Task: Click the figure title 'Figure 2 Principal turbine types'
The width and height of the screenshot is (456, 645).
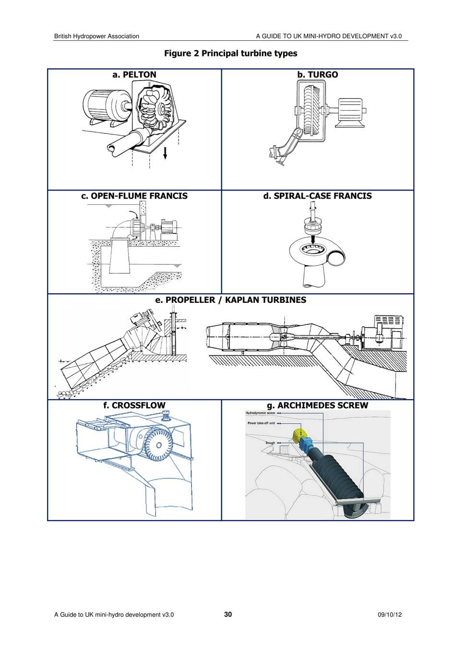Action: click(x=230, y=53)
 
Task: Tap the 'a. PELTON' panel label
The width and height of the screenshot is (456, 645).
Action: click(x=134, y=75)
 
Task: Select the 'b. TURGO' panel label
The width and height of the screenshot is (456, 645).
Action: click(x=317, y=75)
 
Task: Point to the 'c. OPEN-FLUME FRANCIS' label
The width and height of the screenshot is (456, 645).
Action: click(x=134, y=196)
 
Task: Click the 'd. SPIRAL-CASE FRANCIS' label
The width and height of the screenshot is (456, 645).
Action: click(x=317, y=196)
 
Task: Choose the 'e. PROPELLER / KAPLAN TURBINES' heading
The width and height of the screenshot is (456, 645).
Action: click(x=230, y=300)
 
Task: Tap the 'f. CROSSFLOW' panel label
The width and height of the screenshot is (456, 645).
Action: click(x=134, y=406)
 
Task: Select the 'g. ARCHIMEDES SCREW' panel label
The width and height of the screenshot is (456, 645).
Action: click(x=317, y=406)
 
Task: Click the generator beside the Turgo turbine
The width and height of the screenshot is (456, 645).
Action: click(x=350, y=111)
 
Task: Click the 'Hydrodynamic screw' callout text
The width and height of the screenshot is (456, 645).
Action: click(x=260, y=413)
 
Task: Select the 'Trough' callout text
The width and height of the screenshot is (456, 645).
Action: click(x=270, y=443)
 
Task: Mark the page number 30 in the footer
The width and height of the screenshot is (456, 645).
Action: click(x=228, y=615)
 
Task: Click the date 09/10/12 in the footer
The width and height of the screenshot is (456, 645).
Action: click(x=389, y=615)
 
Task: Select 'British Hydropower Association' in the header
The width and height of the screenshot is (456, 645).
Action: click(x=96, y=36)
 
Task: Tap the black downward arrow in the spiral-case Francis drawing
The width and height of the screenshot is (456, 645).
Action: click(x=312, y=239)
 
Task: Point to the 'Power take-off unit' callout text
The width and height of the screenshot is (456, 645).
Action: click(x=261, y=423)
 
